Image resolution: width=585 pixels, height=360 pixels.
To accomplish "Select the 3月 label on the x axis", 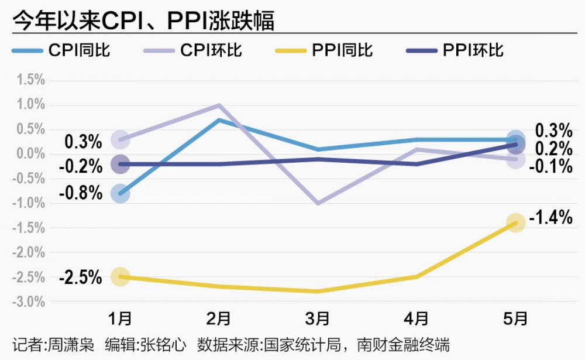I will point(318,318).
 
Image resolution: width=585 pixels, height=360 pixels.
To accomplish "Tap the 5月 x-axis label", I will point(515,318).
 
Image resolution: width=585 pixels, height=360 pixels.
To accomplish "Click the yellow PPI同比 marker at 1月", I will point(120,277).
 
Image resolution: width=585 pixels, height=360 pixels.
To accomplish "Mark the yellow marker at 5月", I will point(515,222).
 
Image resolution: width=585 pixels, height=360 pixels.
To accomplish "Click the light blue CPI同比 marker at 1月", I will point(120,193).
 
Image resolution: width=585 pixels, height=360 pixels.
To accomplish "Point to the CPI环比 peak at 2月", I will point(219,105).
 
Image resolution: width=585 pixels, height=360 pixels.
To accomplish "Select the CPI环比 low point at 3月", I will point(318,203).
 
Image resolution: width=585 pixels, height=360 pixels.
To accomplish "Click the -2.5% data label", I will point(81,277).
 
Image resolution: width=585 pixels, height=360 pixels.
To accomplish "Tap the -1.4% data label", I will point(550,219).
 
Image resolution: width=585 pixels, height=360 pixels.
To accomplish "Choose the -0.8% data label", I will point(81,192).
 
